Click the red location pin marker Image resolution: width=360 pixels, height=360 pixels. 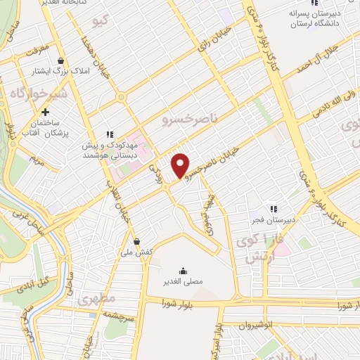(181, 165)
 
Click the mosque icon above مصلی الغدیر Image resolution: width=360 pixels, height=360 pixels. (184, 271)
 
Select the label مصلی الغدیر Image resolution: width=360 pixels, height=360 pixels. (184, 282)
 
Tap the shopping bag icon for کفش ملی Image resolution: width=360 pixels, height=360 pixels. (136, 241)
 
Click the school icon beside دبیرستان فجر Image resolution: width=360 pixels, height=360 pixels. (274, 208)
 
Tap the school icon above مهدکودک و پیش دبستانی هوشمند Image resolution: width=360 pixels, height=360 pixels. (109, 134)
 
